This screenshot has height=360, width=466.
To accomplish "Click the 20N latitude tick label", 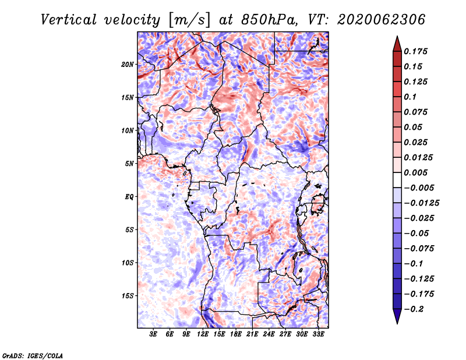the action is [x=128, y=65].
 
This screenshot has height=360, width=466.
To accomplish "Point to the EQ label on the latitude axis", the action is [x=129, y=197].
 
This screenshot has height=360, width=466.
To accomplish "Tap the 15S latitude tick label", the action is [x=128, y=296].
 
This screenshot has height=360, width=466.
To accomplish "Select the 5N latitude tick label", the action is [x=129, y=164].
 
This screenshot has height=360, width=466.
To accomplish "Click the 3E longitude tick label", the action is [x=153, y=334].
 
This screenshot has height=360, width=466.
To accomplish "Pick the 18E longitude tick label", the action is [x=236, y=334].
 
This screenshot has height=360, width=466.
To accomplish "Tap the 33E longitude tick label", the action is [x=318, y=334].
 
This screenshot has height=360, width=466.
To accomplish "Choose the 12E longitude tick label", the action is [x=202, y=334].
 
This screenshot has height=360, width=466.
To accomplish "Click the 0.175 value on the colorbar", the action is [x=415, y=51].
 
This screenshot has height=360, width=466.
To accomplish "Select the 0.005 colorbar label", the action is [x=415, y=172].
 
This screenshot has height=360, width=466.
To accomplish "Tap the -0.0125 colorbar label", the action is [x=421, y=203].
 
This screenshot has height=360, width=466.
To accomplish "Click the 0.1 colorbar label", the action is [x=410, y=97].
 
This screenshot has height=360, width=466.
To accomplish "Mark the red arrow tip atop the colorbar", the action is [x=397, y=37].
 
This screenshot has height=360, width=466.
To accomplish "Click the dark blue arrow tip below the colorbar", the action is [x=397, y=323].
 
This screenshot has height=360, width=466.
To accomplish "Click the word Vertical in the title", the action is [x=69, y=20].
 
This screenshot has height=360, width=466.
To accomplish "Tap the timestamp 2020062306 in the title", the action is [x=382, y=20].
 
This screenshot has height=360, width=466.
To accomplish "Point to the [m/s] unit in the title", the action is [x=189, y=20].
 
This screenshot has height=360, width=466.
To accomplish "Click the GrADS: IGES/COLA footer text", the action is [x=33, y=356].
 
